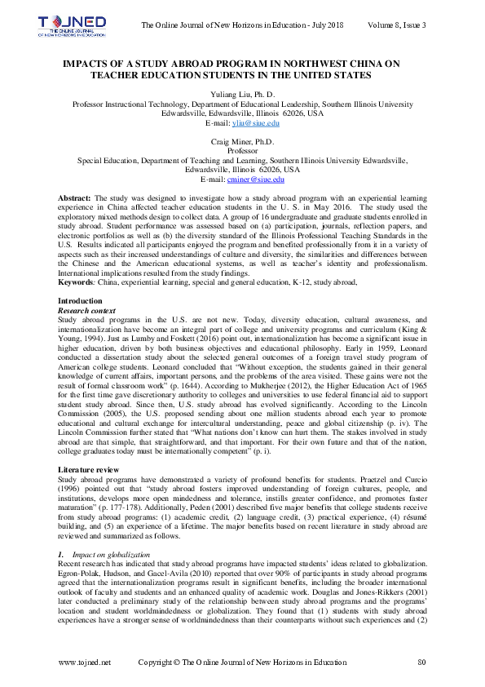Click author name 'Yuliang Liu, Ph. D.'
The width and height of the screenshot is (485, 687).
(x=242, y=95)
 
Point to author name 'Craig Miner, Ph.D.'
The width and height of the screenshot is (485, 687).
(x=242, y=142)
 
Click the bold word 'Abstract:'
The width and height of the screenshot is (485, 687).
(x=75, y=198)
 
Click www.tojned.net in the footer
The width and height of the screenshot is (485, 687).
(x=85, y=663)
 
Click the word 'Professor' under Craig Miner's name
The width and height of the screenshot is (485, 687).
(x=242, y=151)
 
